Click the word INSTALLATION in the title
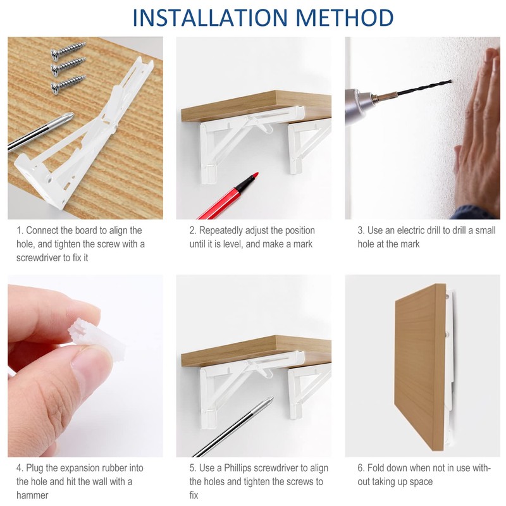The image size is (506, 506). coord(210,18)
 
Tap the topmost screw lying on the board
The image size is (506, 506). coord(68,51)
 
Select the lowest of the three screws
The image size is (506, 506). coord(68,85)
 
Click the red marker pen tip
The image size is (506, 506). coord(256,175)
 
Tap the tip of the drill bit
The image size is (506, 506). coord(450,81)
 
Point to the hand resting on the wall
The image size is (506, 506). coord(477,132)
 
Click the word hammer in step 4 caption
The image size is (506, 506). coord(32,495)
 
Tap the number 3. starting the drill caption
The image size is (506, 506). coord(361,230)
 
